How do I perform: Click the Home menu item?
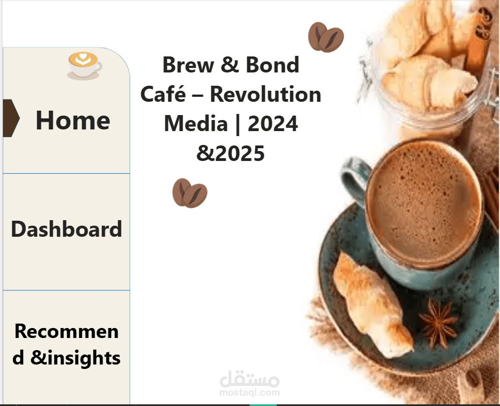[73, 121]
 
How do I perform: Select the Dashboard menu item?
[66, 229]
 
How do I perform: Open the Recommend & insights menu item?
[66, 344]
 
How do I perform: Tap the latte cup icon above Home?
[84, 65]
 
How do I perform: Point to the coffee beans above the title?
[326, 37]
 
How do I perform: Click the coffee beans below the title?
[190, 193]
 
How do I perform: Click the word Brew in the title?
[188, 65]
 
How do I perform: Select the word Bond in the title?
[272, 65]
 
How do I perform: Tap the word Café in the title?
[163, 94]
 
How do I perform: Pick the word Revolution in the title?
[265, 95]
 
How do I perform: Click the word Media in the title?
[196, 123]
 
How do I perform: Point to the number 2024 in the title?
[273, 123]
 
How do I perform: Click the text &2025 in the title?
[230, 153]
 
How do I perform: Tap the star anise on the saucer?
[439, 323]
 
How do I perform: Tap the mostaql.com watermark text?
[249, 393]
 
